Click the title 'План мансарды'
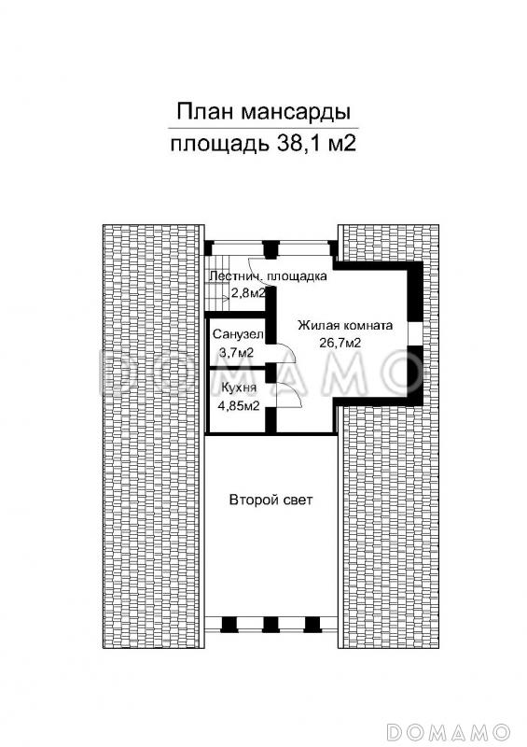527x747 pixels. coord(264,113)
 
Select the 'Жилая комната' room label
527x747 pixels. coord(345,326)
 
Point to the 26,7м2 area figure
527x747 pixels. coord(340,344)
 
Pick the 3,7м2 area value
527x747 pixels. coord(236,352)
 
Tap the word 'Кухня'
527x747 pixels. coord(234,388)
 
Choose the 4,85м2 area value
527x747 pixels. coord(239,406)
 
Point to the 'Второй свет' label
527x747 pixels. coord(270,500)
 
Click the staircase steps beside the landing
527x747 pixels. coord(217,295)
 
